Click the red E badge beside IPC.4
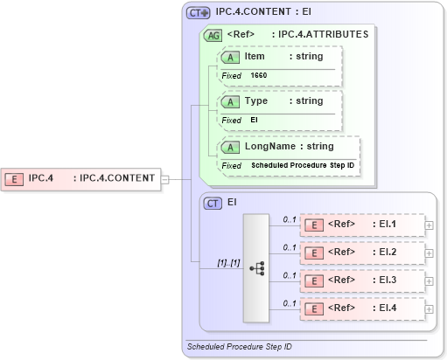click(x=15, y=179)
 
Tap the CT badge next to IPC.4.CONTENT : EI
click(x=198, y=14)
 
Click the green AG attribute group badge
click(x=213, y=36)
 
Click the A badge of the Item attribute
click(x=231, y=57)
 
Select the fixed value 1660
click(x=259, y=76)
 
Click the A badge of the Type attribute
click(x=231, y=101)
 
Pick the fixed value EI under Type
click(x=255, y=121)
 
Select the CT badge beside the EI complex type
click(x=213, y=203)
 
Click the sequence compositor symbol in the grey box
click(x=257, y=267)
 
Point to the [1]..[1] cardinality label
click(x=228, y=262)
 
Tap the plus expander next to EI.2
click(x=429, y=253)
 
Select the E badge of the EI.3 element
click(x=313, y=281)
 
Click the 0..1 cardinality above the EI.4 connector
click(x=290, y=302)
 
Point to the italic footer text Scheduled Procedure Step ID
click(x=240, y=347)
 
